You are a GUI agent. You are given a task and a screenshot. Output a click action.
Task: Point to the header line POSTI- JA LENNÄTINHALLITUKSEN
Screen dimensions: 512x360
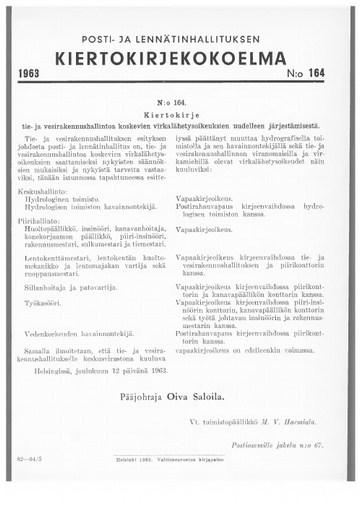coord(179,33)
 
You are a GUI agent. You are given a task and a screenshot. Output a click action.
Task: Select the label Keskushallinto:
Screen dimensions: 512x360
coord(55,190)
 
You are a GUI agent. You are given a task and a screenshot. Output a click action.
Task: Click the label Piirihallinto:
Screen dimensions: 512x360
coord(52,221)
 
